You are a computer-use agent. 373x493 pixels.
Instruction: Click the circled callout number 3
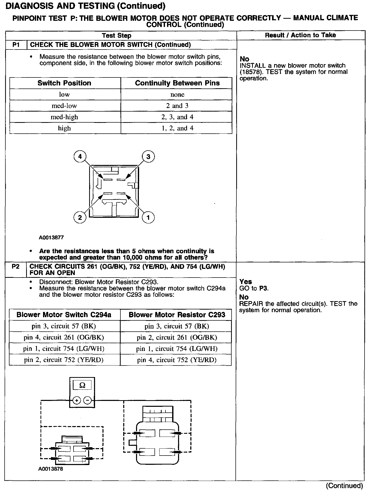click(x=148, y=156)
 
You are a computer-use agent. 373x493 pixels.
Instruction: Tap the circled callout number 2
click(x=80, y=218)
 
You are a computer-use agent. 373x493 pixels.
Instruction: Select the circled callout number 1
click(x=148, y=218)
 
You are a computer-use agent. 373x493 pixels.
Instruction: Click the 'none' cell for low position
click(x=177, y=94)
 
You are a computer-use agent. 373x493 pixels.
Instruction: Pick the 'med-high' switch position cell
click(x=64, y=117)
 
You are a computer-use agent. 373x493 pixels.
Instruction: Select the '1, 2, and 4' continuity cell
click(x=177, y=128)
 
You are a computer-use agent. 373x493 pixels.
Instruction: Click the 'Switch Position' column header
click(x=64, y=83)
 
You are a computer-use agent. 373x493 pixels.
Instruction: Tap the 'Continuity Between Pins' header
click(x=177, y=83)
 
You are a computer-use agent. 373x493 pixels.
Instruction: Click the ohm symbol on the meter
click(x=82, y=385)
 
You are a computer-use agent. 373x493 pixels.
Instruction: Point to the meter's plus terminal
click(x=77, y=400)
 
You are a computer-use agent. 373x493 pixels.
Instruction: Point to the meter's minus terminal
click(x=88, y=400)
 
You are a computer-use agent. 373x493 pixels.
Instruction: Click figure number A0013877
click(x=51, y=238)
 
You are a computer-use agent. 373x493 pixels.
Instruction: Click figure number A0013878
click(x=51, y=469)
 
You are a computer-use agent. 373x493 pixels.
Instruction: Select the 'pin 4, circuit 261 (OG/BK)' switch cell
click(x=64, y=337)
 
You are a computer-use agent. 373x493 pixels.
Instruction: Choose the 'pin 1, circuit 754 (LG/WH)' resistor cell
click(x=177, y=349)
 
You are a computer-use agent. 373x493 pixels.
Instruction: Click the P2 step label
click(x=16, y=267)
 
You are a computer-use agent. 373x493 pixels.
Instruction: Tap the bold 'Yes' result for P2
click(x=246, y=282)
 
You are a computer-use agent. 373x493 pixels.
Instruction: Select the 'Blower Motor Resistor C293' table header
click(x=177, y=315)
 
